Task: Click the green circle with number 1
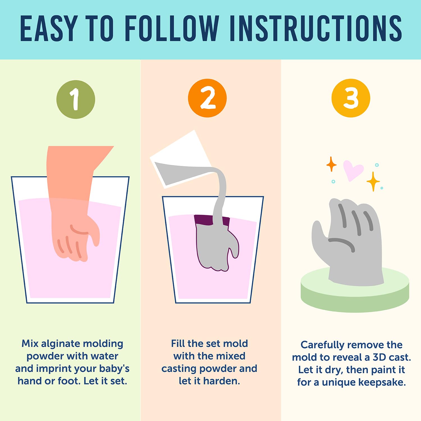(76, 99)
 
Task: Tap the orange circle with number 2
(207, 98)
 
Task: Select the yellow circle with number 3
(351, 98)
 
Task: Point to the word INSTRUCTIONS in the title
(316, 28)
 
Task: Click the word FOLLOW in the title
(172, 28)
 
